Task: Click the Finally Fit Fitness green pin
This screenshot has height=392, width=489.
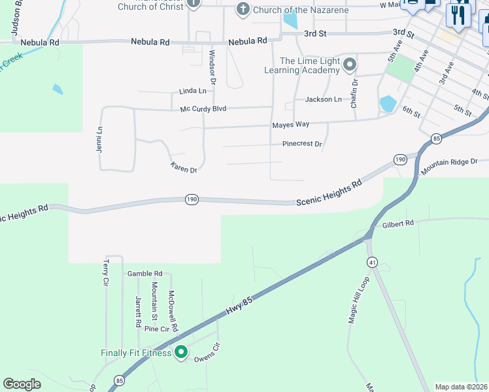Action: tap(181, 352)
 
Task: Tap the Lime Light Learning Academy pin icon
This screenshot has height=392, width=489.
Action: tap(350, 65)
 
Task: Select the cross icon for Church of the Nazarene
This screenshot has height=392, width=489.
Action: tap(243, 9)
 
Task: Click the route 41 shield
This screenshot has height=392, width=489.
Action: tap(372, 262)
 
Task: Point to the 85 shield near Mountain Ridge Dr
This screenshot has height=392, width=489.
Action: tap(436, 138)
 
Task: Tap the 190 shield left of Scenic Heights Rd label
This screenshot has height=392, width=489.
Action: tap(191, 200)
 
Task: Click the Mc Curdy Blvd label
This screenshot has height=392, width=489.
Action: tap(203, 108)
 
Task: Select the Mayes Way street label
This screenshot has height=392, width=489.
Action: tap(291, 124)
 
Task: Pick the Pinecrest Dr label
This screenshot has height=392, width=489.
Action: tap(302, 144)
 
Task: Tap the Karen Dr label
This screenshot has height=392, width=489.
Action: tap(184, 168)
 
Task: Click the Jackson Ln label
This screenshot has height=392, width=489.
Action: tap(323, 99)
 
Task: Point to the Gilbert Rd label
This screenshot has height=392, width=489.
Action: tap(399, 223)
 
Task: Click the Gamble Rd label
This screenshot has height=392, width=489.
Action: tap(144, 274)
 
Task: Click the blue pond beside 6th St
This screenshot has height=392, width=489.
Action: tap(388, 103)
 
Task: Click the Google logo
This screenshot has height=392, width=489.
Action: tap(22, 384)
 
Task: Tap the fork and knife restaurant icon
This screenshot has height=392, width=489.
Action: tap(459, 14)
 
